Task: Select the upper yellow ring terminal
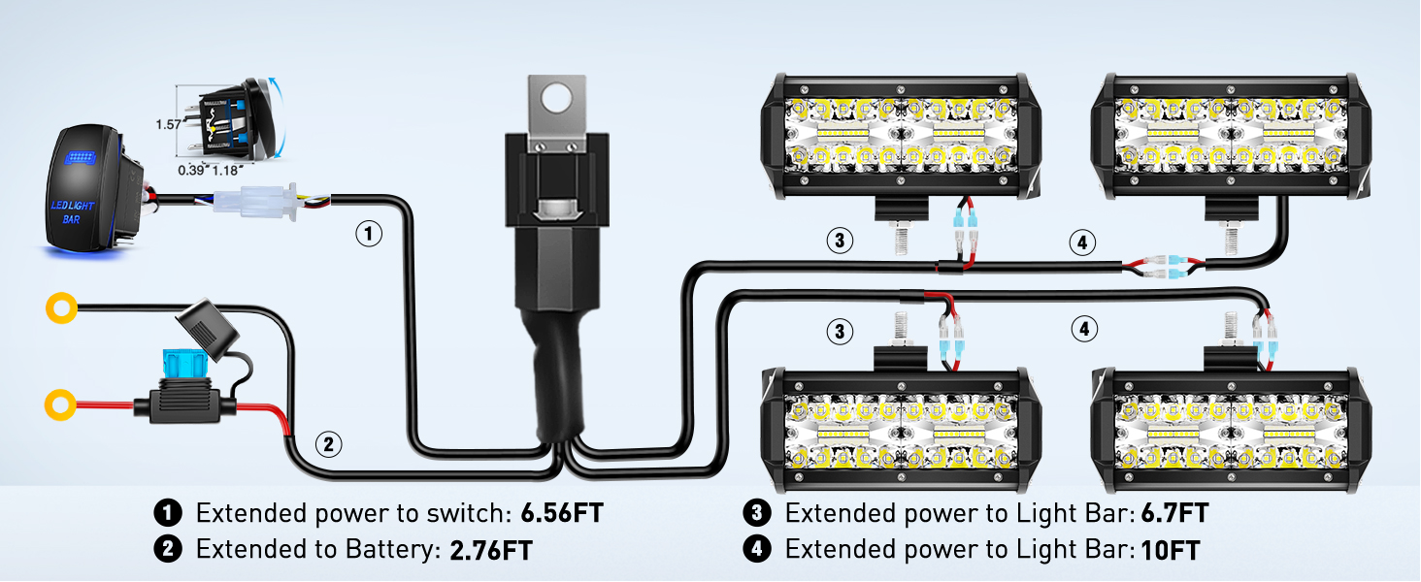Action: tap(60, 309)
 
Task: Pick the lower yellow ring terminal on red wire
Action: tap(60, 401)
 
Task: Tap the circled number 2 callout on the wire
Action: tap(329, 445)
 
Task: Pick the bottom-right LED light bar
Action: tap(1228, 427)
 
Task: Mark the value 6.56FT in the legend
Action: tap(561, 513)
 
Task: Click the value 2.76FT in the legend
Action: tap(491, 550)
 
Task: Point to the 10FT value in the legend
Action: tap(1171, 550)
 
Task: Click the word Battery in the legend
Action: tap(388, 550)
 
